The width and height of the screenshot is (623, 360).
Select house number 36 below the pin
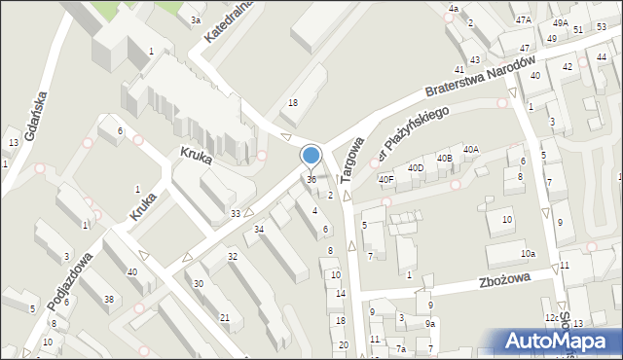(x=311, y=179)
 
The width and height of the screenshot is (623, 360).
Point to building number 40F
(x=386, y=179)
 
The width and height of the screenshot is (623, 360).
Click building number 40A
(x=471, y=149)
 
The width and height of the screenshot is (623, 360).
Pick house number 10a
(x=528, y=254)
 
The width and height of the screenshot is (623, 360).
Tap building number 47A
(x=524, y=19)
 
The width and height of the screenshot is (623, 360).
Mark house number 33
(x=236, y=213)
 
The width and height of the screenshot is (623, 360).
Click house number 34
(x=259, y=229)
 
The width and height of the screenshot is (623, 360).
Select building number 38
(x=109, y=299)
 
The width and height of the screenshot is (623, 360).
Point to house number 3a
(x=196, y=19)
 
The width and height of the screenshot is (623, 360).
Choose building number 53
(x=602, y=26)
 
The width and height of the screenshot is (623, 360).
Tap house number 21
(x=225, y=317)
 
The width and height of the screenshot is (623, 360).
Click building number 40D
(x=416, y=168)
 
